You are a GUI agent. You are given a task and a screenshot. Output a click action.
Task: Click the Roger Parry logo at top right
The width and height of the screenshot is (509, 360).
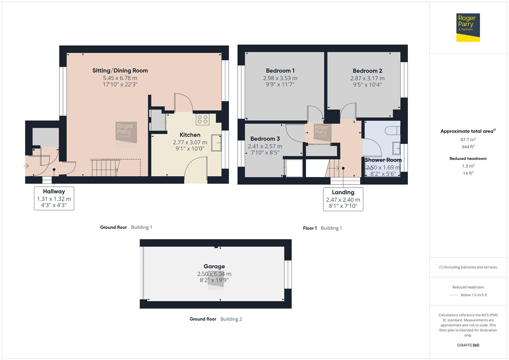[x=468, y=27]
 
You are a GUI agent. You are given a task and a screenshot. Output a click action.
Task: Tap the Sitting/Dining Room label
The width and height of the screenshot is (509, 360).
[x=120, y=70]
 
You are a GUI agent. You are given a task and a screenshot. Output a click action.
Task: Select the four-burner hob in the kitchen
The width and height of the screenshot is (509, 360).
[x=202, y=119]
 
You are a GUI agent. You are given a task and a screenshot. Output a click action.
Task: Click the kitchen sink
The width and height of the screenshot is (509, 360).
[x=216, y=143]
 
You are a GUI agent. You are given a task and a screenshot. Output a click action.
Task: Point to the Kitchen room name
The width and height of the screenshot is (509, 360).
[x=190, y=135]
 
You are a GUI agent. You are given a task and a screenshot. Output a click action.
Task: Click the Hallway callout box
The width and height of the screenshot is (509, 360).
[x=54, y=198]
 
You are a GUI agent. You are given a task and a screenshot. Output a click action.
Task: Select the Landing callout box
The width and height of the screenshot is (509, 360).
[x=343, y=199]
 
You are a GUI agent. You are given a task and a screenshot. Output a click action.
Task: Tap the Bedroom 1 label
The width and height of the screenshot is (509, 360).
[x=280, y=70]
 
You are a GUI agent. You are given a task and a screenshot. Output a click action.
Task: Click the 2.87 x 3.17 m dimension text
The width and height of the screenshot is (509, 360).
[x=367, y=78]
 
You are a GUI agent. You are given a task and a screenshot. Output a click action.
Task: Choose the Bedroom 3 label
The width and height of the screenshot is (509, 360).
[x=265, y=139]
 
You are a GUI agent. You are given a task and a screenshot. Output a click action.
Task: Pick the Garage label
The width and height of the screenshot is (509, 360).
[x=214, y=266]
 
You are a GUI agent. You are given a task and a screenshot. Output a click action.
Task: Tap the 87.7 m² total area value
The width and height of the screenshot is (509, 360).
[x=468, y=140]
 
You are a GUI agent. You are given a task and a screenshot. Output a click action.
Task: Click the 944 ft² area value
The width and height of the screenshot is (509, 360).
[x=468, y=147]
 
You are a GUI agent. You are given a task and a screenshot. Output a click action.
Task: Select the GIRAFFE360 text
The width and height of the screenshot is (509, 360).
[x=468, y=345]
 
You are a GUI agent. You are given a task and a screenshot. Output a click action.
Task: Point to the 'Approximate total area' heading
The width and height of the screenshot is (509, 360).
[x=467, y=131]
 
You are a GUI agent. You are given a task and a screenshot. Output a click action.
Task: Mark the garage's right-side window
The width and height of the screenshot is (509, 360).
[x=288, y=274]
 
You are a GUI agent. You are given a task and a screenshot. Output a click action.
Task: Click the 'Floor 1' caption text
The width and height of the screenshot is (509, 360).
[x=310, y=228]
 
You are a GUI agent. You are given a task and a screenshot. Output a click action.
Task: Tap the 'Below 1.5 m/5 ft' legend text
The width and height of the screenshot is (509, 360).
[x=474, y=295]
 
